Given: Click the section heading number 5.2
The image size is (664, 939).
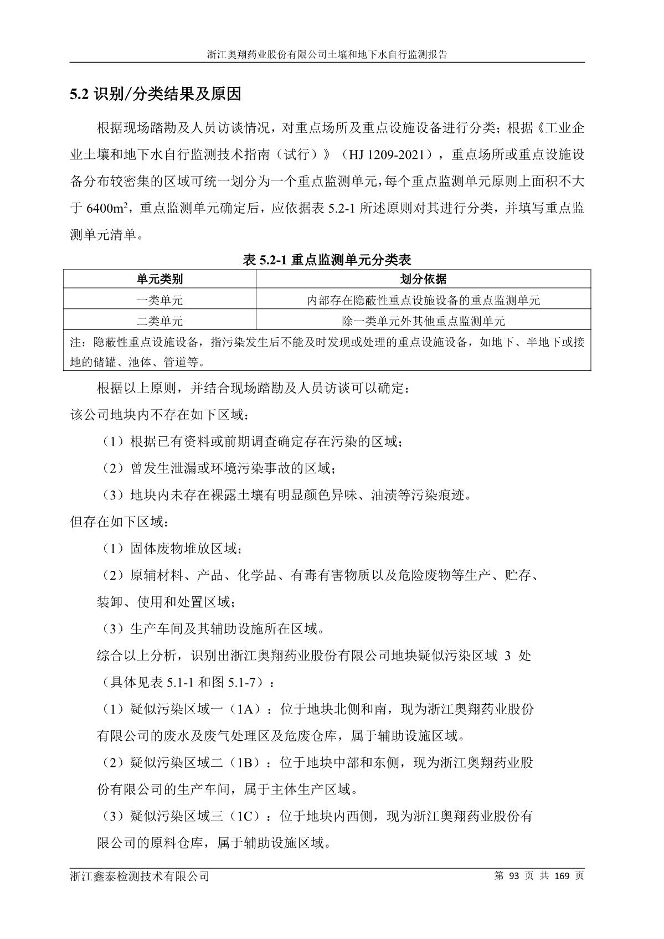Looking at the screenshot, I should pyautogui.click(x=79, y=95).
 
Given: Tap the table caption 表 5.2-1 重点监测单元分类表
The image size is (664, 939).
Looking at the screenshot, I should pyautogui.click(x=327, y=259).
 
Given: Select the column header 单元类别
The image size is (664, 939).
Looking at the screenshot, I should pyautogui.click(x=159, y=279).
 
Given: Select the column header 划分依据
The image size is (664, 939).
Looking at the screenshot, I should pyautogui.click(x=423, y=279).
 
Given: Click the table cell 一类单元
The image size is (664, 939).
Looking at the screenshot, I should pyautogui.click(x=159, y=300).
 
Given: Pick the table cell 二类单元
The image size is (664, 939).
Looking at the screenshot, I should pyautogui.click(x=159, y=321).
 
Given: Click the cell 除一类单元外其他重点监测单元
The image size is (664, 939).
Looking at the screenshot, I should pyautogui.click(x=423, y=321).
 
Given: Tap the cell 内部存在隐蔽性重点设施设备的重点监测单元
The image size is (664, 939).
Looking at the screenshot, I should pyautogui.click(x=423, y=300).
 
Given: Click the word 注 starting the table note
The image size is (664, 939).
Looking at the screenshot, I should pyautogui.click(x=75, y=342).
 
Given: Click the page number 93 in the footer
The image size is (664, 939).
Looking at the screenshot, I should pyautogui.click(x=513, y=876).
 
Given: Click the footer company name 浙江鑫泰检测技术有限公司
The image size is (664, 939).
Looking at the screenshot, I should pyautogui.click(x=140, y=876).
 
